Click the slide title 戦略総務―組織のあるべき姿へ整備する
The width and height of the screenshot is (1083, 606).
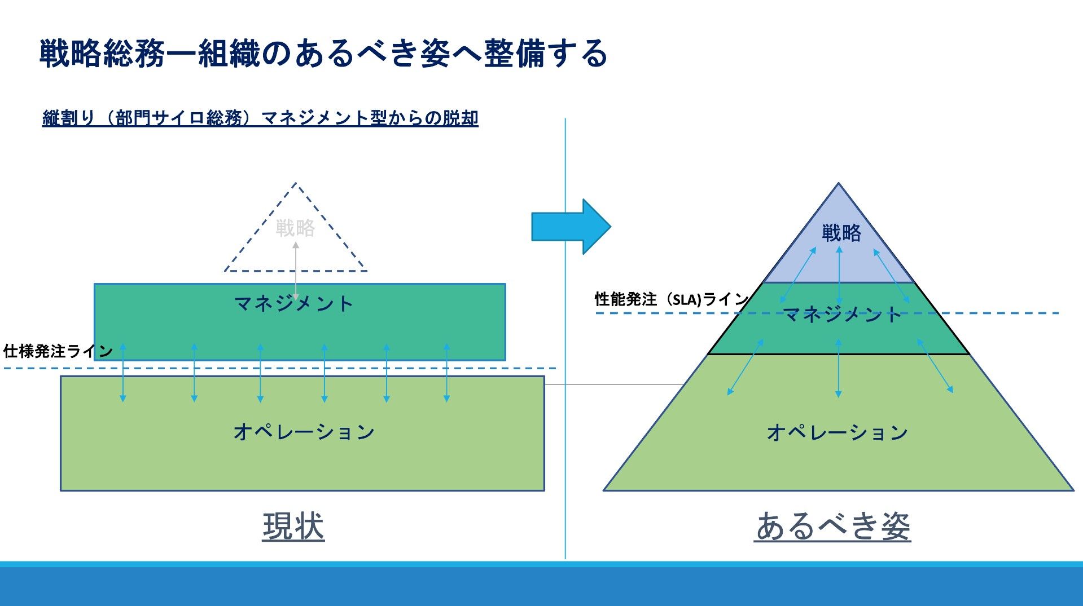(x=323, y=54)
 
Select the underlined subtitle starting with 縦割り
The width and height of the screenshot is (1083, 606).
(x=260, y=118)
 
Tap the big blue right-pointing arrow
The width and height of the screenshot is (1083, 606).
(x=571, y=227)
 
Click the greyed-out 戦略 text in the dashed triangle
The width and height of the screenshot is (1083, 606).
(x=295, y=228)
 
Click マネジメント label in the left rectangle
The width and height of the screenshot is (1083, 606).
(x=293, y=304)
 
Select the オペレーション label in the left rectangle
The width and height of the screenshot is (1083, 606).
(x=304, y=432)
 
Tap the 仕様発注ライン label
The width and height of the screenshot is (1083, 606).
(x=58, y=352)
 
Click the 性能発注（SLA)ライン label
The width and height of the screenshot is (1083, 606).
(x=671, y=299)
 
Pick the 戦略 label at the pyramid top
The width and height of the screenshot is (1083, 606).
(x=841, y=233)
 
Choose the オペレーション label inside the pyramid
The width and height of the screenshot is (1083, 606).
(x=837, y=433)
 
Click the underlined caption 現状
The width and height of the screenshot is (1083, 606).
(x=293, y=527)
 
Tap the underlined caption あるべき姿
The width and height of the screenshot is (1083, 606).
(x=832, y=527)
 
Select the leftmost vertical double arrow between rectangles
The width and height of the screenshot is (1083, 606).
(x=123, y=373)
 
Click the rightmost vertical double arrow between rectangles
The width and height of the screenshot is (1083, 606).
(x=446, y=373)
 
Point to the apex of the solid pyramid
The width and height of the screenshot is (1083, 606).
(x=839, y=184)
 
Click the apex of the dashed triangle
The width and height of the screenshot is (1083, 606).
(x=295, y=183)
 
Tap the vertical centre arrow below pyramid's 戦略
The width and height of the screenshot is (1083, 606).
(x=839, y=275)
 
